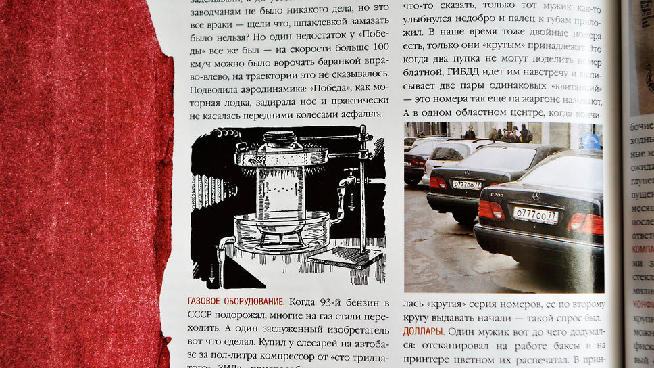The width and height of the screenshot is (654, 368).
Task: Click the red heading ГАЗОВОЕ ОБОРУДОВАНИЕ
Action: (x=234, y=300)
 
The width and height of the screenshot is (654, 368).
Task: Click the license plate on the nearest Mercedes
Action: (x=535, y=215)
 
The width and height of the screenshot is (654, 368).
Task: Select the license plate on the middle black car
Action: (x=467, y=185)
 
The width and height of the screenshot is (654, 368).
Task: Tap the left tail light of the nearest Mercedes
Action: (x=491, y=210)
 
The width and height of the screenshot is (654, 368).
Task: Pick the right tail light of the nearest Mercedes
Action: (x=585, y=222)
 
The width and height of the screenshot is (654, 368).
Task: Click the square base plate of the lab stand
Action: (x=344, y=258)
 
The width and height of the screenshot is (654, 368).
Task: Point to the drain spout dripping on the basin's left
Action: (x=223, y=245)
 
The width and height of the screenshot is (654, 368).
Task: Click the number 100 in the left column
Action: (x=380, y=47)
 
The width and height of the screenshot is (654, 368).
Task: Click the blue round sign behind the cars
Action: (x=590, y=141)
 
